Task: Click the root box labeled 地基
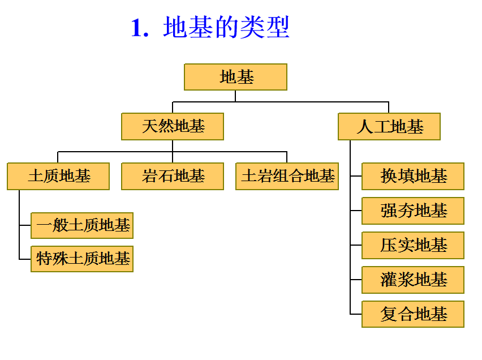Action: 235,77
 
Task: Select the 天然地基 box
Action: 173,126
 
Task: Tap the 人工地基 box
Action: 389,126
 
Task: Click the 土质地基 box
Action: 58,176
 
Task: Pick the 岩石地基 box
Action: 173,176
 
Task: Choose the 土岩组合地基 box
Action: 287,176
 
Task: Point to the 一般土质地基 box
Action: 82,225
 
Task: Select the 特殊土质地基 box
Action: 82,259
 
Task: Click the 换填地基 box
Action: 413,176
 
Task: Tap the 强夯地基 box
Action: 413,211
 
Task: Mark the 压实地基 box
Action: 413,245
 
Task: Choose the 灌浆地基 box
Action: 413,280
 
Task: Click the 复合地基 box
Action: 413,314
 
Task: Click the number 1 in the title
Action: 136,28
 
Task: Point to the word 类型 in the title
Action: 264,27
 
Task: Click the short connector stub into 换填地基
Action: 356,176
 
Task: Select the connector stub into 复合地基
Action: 356,314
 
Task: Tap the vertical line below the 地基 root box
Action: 235,96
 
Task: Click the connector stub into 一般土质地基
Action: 25,225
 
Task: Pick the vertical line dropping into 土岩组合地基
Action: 287,157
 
